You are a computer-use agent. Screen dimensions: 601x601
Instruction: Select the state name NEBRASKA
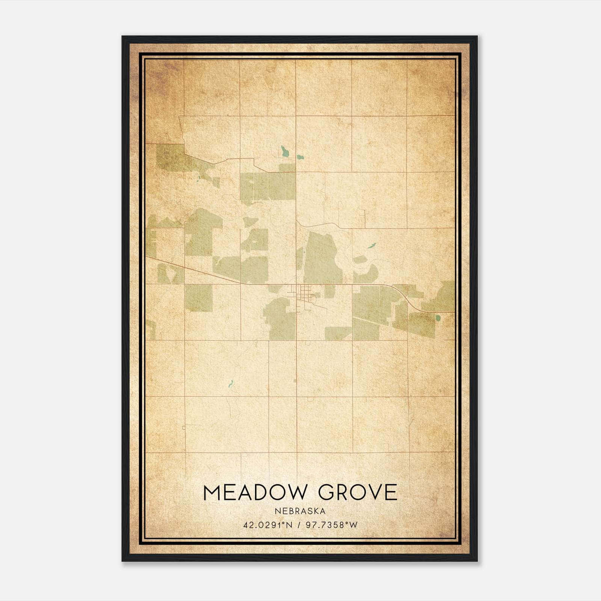[x=300, y=511]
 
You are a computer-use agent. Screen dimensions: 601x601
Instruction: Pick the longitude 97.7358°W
[x=332, y=525]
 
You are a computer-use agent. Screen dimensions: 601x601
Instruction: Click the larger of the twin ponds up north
[x=285, y=151]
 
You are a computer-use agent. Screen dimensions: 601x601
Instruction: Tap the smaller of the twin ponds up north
[x=299, y=157]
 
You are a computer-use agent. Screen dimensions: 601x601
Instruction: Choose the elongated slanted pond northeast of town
[x=371, y=246]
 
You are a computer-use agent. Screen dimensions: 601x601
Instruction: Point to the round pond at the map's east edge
[x=438, y=318]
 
